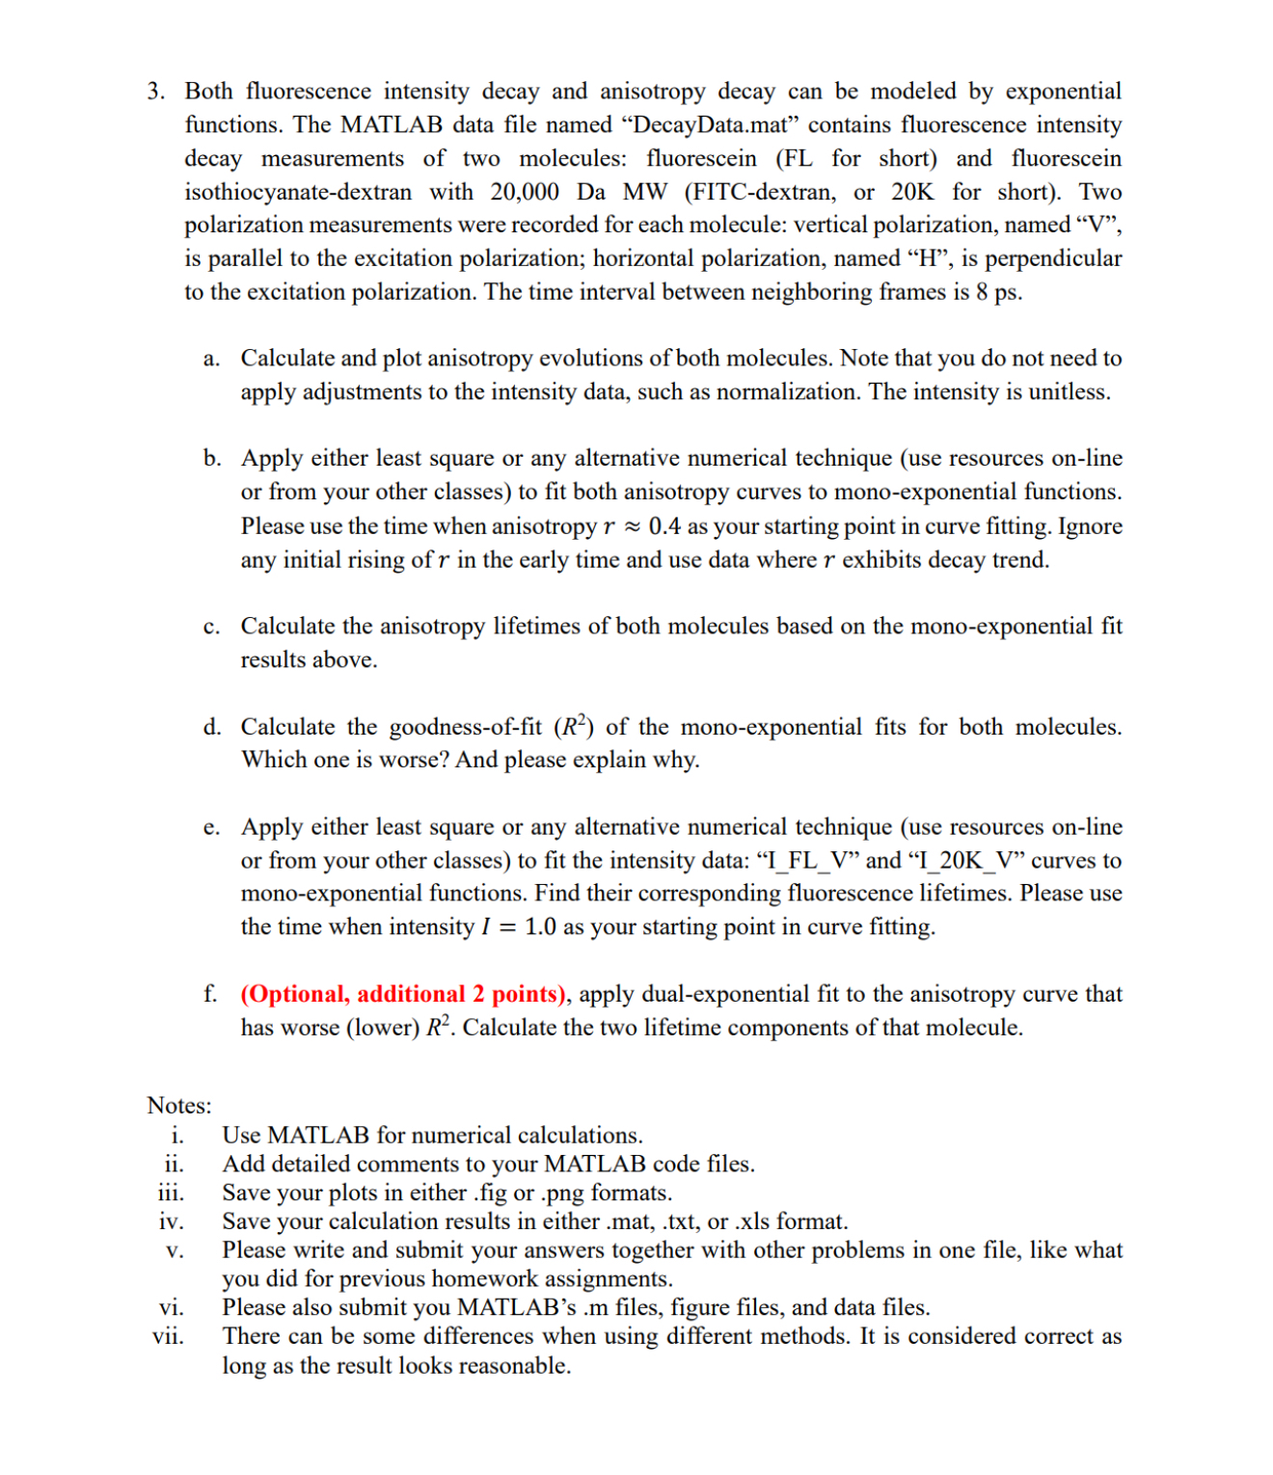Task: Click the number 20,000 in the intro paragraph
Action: (524, 192)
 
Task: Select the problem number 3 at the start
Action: (154, 92)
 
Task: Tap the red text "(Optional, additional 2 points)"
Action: (403, 994)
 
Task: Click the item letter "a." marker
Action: (211, 359)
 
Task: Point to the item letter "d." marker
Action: (212, 727)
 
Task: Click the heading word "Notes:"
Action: (179, 1106)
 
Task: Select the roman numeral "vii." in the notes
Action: (169, 1336)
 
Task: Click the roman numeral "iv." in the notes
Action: (171, 1221)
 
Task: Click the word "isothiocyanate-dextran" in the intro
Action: (298, 192)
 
